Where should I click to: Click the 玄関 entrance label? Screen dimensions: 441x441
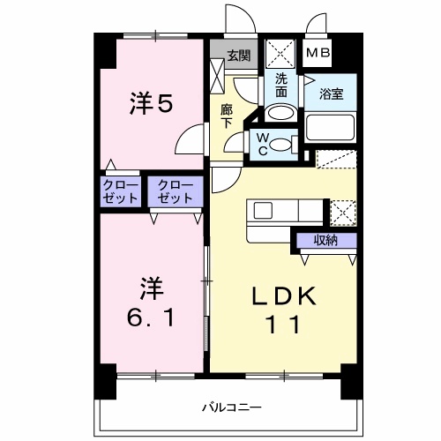pos(237,55)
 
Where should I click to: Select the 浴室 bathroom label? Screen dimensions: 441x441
pos(331,92)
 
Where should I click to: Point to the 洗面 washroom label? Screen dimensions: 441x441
pos(281,83)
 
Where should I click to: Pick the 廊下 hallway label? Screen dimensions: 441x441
pos(227,115)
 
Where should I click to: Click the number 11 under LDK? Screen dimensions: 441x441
pos(284,325)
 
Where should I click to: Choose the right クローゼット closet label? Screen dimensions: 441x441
pos(176,191)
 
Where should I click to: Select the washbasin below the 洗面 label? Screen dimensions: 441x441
pos(281,112)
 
